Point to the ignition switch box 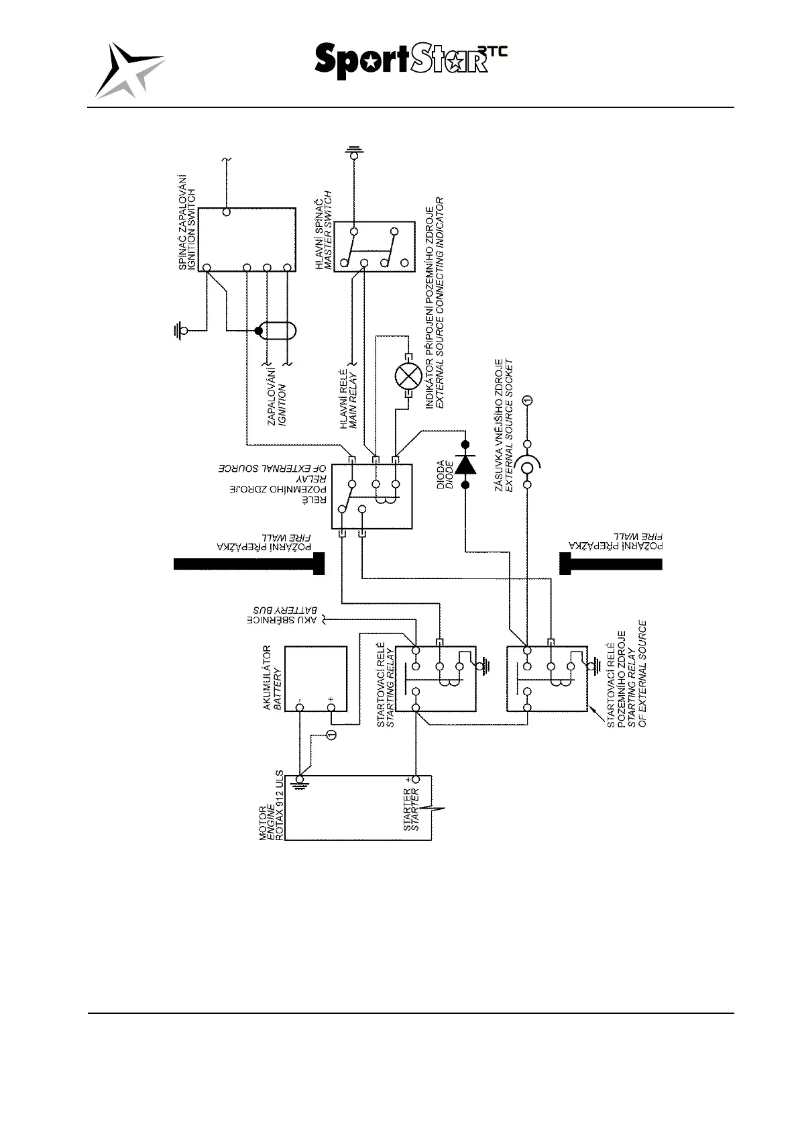pos(247,239)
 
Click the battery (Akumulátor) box pos(315,678)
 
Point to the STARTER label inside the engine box pos(411,809)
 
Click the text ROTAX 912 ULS pos(280,806)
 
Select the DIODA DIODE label pos(445,474)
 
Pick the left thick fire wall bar pos(249,564)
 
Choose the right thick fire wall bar pos(610,563)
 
